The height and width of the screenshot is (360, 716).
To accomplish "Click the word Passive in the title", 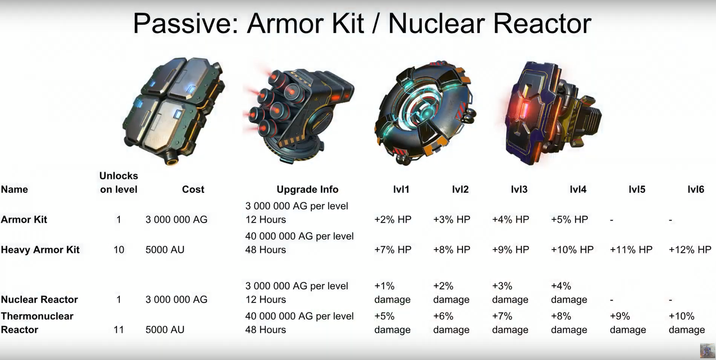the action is [x=186, y=23].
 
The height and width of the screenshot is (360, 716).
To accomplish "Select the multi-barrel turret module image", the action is [x=299, y=115].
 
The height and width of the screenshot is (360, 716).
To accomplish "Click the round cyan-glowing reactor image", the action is [x=425, y=114].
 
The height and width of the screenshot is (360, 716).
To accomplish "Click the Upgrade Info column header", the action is [x=308, y=190].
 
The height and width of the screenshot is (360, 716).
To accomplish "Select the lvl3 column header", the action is [x=519, y=190].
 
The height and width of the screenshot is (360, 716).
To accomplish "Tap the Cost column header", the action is [x=193, y=190].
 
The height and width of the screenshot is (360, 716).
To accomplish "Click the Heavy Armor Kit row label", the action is [x=40, y=249].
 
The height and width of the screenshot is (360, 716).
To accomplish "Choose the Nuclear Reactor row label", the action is [x=39, y=299].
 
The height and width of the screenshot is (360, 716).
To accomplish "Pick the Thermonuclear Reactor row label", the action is [x=37, y=323].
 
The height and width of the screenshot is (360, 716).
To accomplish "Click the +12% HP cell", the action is [x=690, y=249].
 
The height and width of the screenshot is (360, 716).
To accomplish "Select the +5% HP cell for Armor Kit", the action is [x=569, y=220].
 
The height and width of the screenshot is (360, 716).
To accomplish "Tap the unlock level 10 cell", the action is [x=119, y=249].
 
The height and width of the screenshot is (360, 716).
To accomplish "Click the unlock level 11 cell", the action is [x=119, y=329].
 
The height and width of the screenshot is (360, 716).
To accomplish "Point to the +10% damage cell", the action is [x=686, y=323].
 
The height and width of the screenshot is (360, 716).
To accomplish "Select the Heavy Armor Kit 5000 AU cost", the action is [x=165, y=249].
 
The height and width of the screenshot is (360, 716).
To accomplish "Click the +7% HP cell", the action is [x=393, y=249].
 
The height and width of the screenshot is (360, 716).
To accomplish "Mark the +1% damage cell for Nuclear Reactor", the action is [x=392, y=292].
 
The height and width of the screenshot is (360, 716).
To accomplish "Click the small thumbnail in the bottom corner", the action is [x=708, y=351].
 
